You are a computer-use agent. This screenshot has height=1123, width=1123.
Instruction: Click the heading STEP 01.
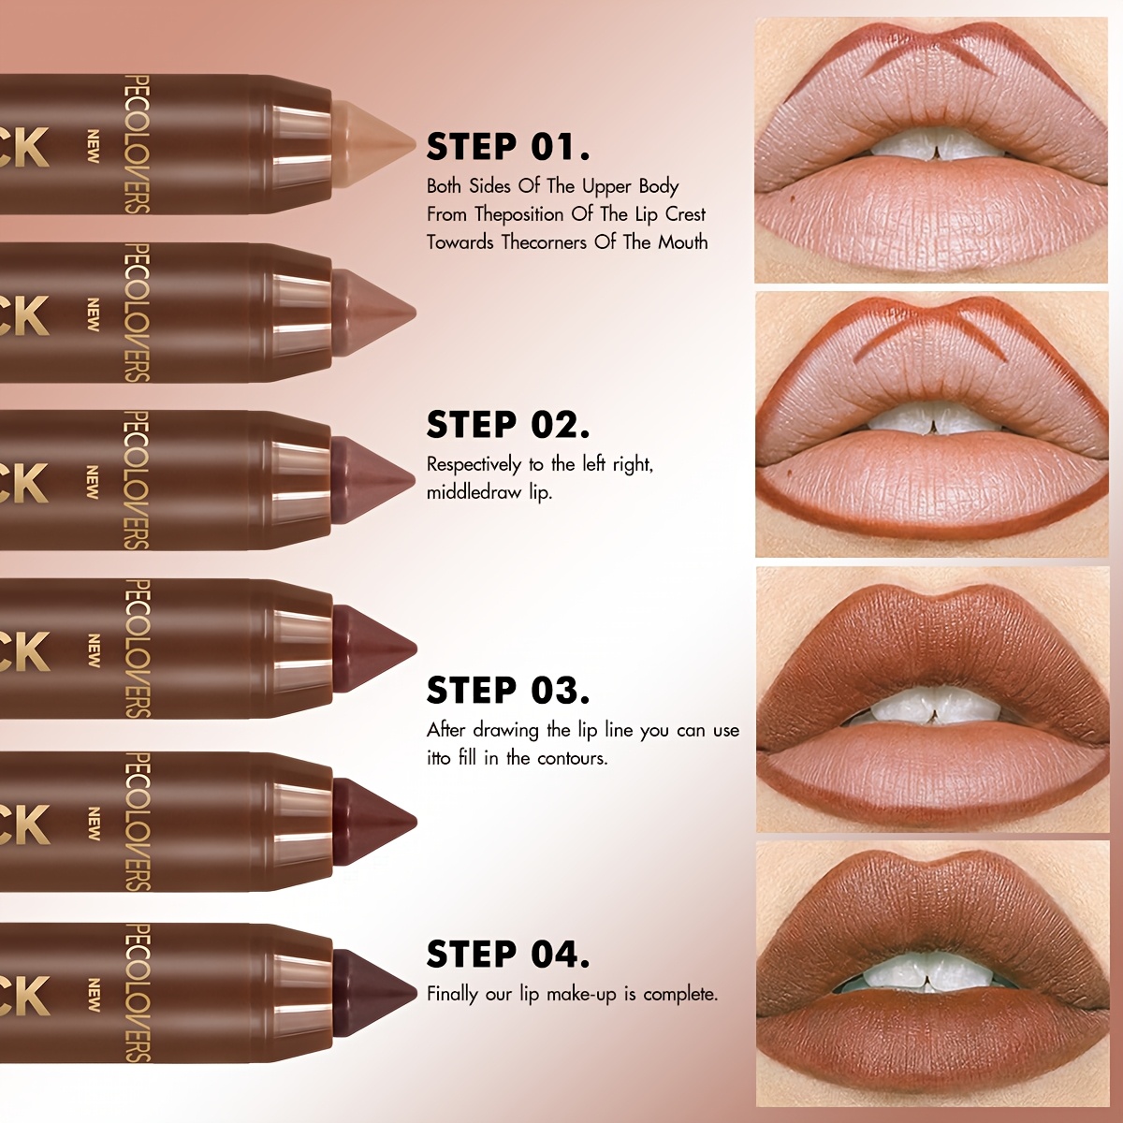(508, 147)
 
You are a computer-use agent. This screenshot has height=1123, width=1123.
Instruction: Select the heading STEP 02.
(508, 425)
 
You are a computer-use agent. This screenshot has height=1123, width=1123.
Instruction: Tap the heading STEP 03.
(508, 691)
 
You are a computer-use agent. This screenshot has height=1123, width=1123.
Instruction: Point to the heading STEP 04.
(508, 955)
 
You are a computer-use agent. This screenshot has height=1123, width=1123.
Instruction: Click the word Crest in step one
(685, 214)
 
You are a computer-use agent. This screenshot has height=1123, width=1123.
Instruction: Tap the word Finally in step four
(452, 994)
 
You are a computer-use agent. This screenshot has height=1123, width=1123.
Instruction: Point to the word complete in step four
(679, 994)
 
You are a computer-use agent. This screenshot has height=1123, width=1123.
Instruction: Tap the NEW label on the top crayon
(94, 146)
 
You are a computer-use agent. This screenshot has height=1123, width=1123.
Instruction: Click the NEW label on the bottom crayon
(94, 995)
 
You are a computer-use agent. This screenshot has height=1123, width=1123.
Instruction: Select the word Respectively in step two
(474, 464)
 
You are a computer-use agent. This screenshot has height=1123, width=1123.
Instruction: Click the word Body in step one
(658, 186)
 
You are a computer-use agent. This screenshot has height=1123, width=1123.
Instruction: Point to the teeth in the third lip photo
(922, 708)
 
